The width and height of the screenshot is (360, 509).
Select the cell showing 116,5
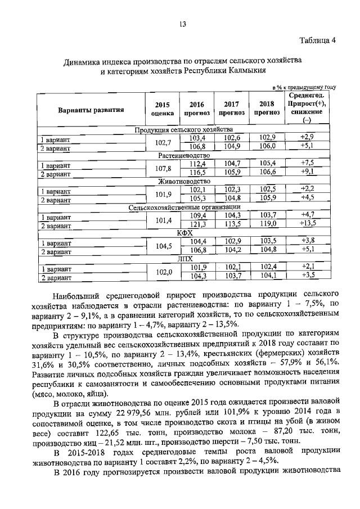(x=197, y=173)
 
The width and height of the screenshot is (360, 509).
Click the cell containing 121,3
(x=197, y=224)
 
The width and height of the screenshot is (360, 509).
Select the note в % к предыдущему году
(x=304, y=88)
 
